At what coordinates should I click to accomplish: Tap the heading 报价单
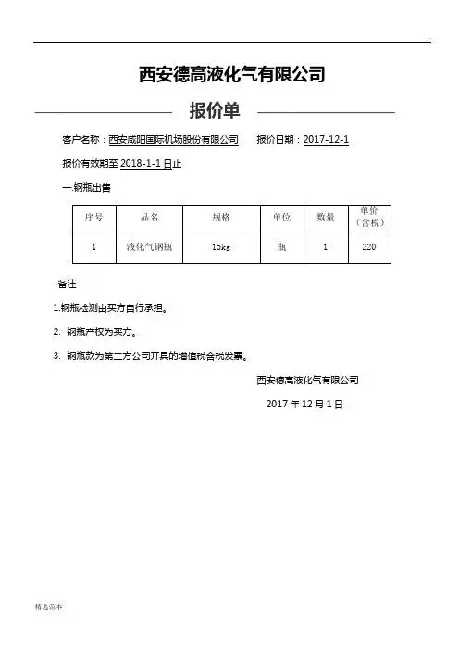(215, 112)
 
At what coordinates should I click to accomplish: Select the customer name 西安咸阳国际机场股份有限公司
(174, 140)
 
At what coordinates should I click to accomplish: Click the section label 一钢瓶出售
(86, 187)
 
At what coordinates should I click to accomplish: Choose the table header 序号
(93, 217)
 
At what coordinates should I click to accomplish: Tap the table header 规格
(220, 217)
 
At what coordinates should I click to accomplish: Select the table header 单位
(282, 217)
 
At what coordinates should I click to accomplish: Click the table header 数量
(326, 217)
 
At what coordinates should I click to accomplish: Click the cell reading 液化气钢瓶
(150, 248)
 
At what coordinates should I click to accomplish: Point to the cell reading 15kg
(220, 248)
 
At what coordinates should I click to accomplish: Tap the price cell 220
(369, 248)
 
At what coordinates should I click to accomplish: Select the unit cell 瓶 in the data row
(282, 248)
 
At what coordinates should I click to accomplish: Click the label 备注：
(70, 283)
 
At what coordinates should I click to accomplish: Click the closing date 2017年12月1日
(304, 405)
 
